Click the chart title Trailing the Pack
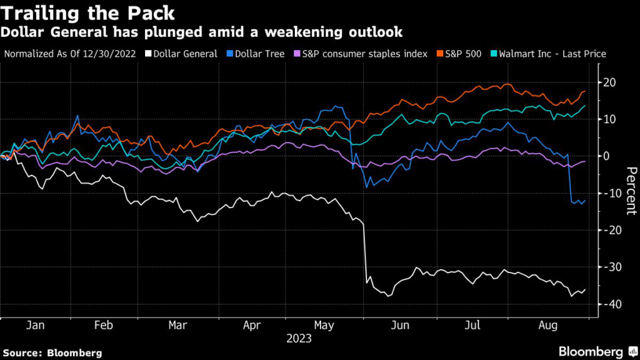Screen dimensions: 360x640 tap(89, 12)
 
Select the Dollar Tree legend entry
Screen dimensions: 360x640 tap(262, 54)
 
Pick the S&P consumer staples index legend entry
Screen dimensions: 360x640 tap(364, 54)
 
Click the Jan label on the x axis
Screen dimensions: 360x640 tap(36, 326)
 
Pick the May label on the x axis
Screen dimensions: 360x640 tap(324, 326)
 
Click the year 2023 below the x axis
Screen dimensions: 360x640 tap(299, 339)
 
